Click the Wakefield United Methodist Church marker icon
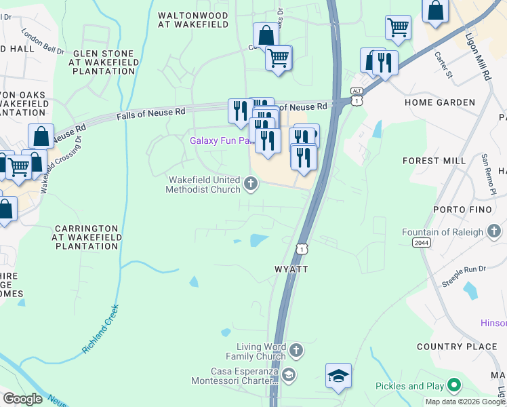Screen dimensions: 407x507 [251, 183]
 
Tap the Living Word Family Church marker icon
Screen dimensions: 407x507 [296, 351]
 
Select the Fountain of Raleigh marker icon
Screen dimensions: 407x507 [495, 232]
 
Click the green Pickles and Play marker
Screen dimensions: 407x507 [454, 386]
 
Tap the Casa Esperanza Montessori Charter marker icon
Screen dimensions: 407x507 [289, 374]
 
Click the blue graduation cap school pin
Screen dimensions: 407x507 [338, 376]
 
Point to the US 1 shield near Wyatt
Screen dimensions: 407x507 [302, 249]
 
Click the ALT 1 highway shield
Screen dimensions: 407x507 [357, 96]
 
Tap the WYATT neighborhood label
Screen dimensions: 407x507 [291, 269]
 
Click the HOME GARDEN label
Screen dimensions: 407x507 [440, 102]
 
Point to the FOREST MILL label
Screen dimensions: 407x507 [434, 161]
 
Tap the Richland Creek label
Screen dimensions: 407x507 [101, 328]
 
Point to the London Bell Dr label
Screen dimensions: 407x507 [42, 41]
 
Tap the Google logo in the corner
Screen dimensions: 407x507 [22, 398]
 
